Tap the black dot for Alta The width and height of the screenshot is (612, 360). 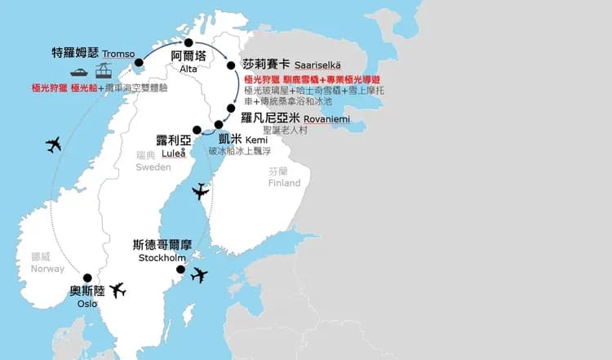tap(188, 43)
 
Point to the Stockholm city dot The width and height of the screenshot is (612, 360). tap(180, 270)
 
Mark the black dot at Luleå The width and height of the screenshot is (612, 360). tap(196, 130)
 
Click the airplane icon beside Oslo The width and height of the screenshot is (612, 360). tap(118, 290)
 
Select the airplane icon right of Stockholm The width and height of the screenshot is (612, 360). tap(198, 275)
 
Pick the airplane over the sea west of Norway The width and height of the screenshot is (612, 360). tap(54, 145)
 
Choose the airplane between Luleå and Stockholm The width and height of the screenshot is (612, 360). tap(199, 192)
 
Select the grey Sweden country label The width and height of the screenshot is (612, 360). tap(153, 167)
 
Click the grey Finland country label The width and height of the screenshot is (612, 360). tap(284, 183)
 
